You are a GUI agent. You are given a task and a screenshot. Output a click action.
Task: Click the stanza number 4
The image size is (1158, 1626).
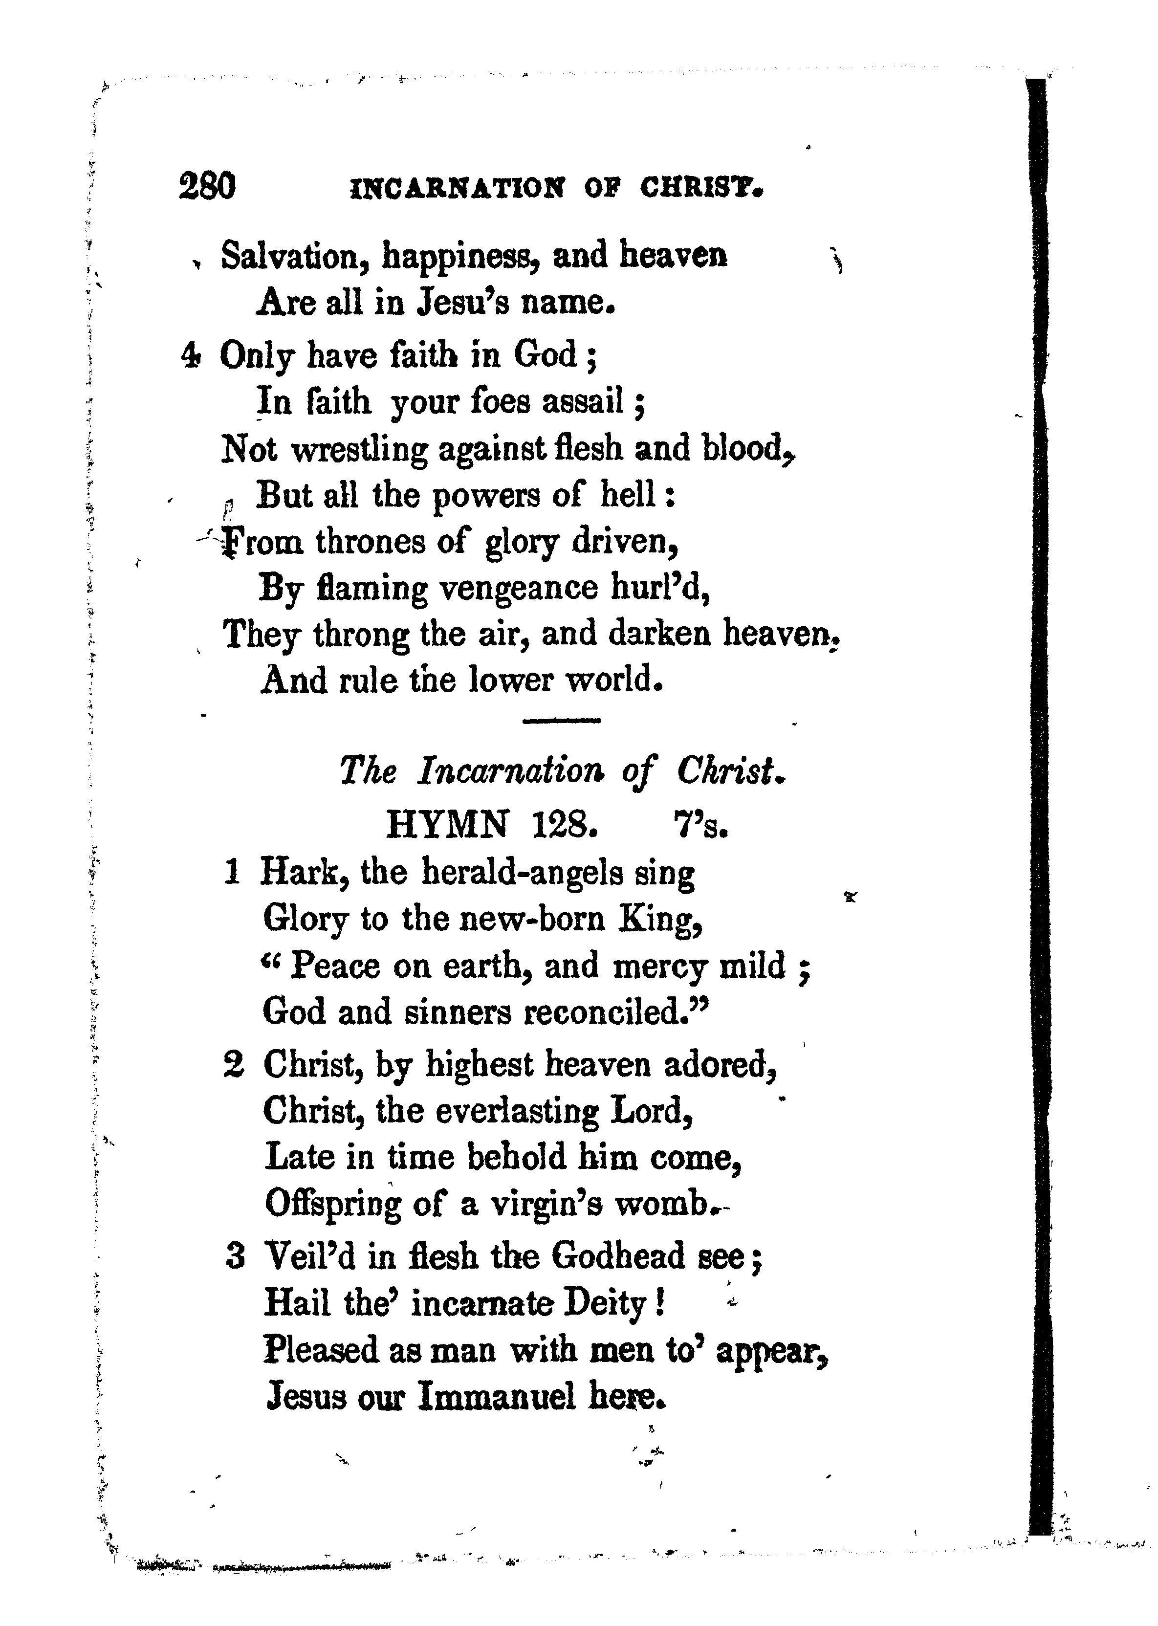pos(190,355)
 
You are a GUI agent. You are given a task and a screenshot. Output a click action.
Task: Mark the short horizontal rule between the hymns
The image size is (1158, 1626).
pos(562,721)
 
